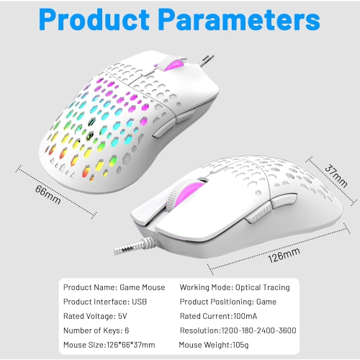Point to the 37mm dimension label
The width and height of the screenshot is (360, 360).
[x=331, y=174]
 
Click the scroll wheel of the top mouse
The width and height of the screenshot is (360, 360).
[x=171, y=64]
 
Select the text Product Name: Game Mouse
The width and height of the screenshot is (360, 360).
[x=114, y=287]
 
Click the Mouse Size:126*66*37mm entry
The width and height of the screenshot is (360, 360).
[x=115, y=345]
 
